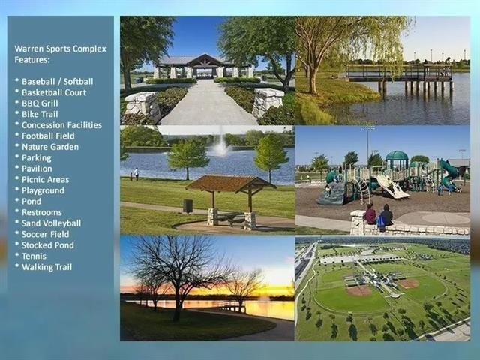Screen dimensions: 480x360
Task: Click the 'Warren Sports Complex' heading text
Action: point(60,49)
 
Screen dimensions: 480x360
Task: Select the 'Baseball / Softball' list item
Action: point(57,82)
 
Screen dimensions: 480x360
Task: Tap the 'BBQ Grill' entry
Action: point(40,103)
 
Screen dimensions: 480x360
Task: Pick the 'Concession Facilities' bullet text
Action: point(61,125)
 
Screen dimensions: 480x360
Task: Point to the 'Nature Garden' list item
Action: point(50,147)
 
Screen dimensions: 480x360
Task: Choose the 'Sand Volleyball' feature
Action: point(51,223)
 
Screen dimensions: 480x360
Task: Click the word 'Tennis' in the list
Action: point(34,256)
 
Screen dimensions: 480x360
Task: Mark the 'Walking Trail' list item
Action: point(46,267)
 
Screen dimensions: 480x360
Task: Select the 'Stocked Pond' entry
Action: point(48,245)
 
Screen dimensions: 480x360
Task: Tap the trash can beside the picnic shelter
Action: point(188,205)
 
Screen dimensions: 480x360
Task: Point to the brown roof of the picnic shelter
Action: point(229,184)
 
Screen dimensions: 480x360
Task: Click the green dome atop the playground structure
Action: point(397,155)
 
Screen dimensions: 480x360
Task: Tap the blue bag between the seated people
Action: point(380,221)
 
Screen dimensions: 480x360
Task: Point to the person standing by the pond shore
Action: point(136,174)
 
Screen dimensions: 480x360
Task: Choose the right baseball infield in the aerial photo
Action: point(409,283)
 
